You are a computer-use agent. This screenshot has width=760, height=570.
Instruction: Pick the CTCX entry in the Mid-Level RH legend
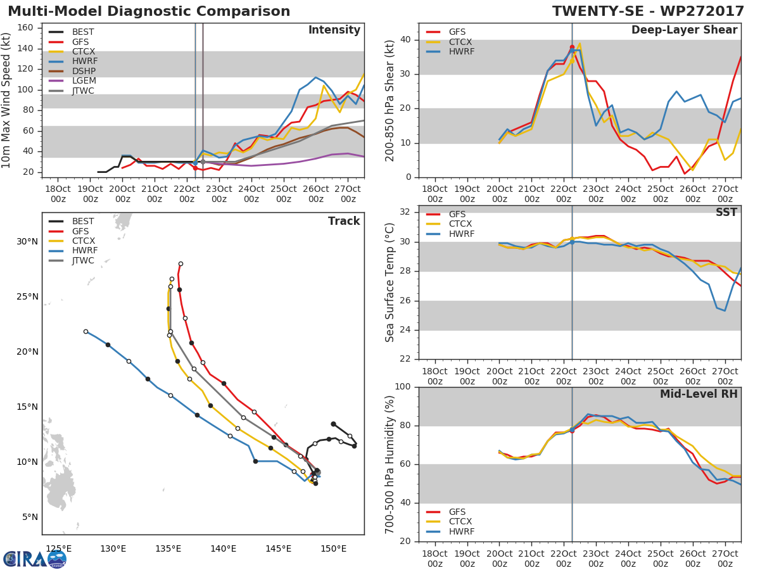point(460,521)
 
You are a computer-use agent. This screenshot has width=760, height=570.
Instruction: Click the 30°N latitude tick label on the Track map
point(27,241)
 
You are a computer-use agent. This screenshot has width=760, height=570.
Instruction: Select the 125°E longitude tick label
point(58,548)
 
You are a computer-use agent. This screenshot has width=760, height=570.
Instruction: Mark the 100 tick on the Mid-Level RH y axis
point(403,387)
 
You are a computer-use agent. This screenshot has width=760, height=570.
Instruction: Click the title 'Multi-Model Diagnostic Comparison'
point(149,11)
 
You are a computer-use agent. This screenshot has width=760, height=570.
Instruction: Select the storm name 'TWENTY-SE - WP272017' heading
point(647,11)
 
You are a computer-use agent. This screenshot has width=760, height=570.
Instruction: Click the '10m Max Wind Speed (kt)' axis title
point(7,100)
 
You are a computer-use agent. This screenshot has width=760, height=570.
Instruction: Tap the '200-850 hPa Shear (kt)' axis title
point(390,100)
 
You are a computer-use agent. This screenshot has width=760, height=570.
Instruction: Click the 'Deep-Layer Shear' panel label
point(684,30)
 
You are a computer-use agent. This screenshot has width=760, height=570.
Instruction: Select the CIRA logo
point(34,559)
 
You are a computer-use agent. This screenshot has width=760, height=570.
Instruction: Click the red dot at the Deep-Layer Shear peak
point(572,47)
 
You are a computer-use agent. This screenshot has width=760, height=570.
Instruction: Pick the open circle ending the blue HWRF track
point(85,331)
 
